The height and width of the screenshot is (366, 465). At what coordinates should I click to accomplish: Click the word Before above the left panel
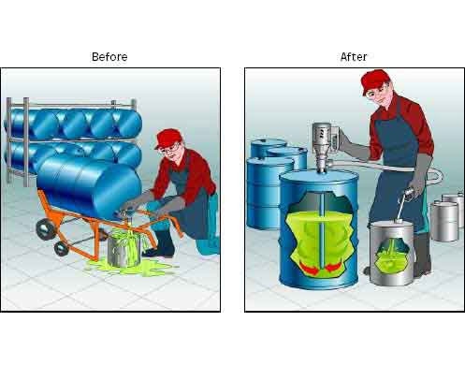point(109,57)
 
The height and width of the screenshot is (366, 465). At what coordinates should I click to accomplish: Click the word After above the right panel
point(354,57)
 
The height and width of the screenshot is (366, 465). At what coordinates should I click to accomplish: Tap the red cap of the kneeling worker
point(167,138)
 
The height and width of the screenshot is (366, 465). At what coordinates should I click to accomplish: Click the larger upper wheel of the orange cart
point(45,229)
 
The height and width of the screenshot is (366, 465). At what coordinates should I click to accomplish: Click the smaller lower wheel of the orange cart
point(62,249)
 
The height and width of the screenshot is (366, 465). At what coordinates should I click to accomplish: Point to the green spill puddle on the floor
point(131,266)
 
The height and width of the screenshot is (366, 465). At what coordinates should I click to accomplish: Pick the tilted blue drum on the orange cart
point(90,184)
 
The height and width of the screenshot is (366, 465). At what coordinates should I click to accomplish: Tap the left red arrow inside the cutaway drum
point(310,268)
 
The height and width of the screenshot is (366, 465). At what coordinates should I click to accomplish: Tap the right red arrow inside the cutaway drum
point(333,268)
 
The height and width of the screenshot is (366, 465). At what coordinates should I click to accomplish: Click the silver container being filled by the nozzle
point(392,253)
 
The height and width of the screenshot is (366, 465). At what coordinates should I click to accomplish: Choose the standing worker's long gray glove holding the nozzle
point(422,175)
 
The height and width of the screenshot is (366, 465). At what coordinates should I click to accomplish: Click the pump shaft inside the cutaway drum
point(321,230)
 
